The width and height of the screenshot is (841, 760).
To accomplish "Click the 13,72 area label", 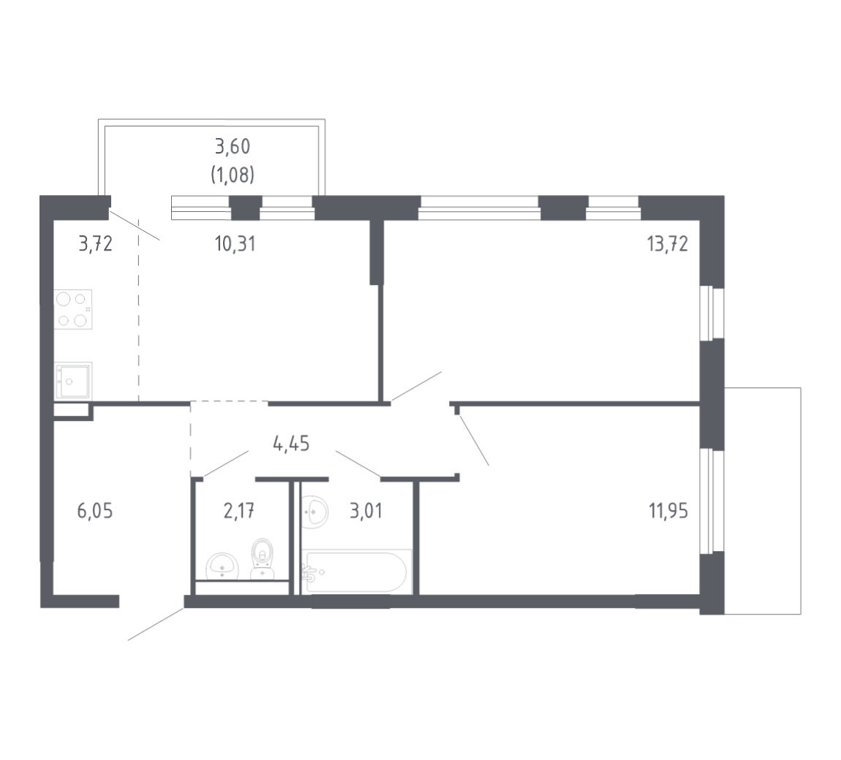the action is [667, 244].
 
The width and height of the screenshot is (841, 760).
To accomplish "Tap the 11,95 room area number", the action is [668, 512].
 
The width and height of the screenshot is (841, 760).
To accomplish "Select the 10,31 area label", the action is [235, 244].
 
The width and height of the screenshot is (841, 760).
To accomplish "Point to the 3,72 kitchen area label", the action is [96, 244].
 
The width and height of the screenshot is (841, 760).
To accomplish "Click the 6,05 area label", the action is [95, 512].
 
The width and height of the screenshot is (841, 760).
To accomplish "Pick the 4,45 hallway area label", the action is [291, 444].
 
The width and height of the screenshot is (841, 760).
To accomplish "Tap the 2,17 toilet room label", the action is [238, 512].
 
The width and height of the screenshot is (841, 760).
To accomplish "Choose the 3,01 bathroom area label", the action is [366, 512].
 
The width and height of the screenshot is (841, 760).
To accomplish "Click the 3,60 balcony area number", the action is [233, 146].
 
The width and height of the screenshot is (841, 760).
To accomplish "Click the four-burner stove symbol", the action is [73, 309].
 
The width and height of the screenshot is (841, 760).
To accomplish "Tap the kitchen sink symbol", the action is [73, 381].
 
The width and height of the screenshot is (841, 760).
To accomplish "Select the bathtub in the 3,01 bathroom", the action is [357, 571].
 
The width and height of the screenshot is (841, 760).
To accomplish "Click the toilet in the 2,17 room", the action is [263, 559].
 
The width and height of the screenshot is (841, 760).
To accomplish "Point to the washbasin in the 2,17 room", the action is [222, 566].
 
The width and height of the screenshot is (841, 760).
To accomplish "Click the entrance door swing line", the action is [156, 624].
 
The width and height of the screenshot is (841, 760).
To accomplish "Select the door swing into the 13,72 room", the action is [416, 386].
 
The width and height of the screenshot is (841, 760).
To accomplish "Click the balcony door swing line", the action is [135, 226].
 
